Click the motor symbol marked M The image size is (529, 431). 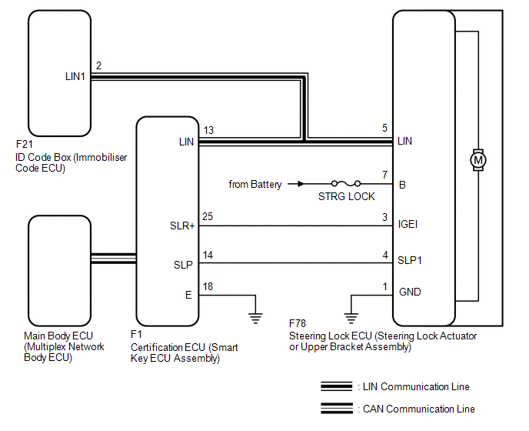coord(478,160)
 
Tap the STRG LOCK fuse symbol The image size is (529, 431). coord(346,183)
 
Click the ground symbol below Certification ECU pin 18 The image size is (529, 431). coord(255,318)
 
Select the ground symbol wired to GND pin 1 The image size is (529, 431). coord(351,318)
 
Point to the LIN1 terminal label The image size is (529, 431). coord(75,77)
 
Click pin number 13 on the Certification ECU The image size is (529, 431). coord(208,130)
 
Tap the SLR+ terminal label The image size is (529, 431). coord(182,226)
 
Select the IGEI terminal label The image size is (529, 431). coord(408,224)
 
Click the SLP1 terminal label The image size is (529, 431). coord(410,260)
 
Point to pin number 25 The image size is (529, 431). coord(208,216)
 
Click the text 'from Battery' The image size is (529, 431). coord(255,185)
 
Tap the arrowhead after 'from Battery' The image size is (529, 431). coord(301,184)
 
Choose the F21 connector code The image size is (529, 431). coord(25,144)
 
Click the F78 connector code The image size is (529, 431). coord(298,323)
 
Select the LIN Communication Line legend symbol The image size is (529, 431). coord(337,386)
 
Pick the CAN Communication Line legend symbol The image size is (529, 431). coord(337,409)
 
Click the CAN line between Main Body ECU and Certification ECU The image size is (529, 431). coord(114,259)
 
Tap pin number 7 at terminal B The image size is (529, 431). coord(385,175)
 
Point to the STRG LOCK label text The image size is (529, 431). coord(347,196)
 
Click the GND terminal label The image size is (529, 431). coord(410,292)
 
